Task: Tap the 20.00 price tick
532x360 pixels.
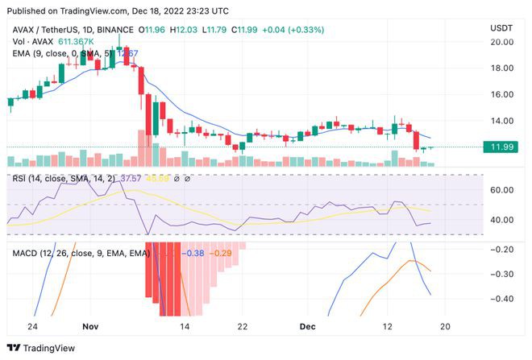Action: point(501,42)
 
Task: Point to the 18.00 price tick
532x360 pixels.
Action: point(501,68)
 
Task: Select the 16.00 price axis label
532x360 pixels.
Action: point(501,94)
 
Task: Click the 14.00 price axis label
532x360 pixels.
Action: point(501,121)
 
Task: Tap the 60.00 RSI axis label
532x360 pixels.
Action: point(502,190)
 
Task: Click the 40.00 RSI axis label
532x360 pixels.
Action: point(502,220)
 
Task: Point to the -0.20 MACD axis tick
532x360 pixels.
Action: point(502,250)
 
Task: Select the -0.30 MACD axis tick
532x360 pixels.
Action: point(502,275)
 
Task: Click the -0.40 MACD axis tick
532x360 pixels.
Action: point(502,300)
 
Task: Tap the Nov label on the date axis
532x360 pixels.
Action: point(90,327)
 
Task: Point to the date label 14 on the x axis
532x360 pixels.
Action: point(185,327)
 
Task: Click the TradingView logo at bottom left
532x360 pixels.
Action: point(41,347)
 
